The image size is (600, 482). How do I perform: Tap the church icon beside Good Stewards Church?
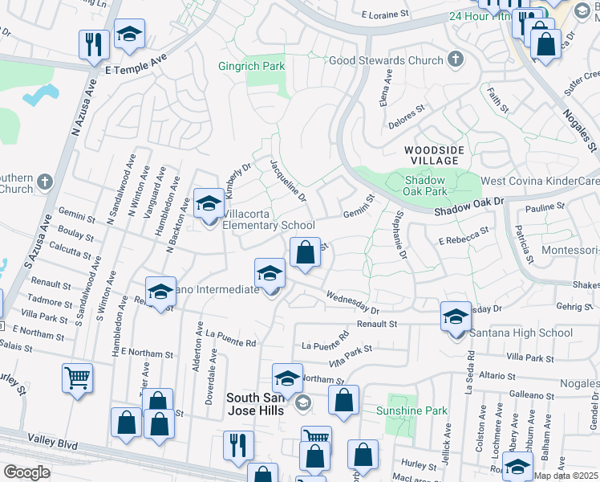[456, 59]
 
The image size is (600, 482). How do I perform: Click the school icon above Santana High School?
[456, 317]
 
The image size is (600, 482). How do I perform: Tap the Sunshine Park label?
[411, 411]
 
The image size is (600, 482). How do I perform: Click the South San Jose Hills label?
[256, 404]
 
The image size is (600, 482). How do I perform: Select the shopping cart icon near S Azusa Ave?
[77, 378]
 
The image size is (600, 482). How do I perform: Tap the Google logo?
[26, 472]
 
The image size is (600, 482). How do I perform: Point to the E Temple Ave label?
[136, 64]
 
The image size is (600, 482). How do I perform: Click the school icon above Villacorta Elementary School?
[209, 203]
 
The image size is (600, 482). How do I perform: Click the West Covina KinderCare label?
[539, 182]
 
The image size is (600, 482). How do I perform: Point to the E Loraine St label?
[389, 14]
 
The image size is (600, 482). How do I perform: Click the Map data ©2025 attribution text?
[566, 476]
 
